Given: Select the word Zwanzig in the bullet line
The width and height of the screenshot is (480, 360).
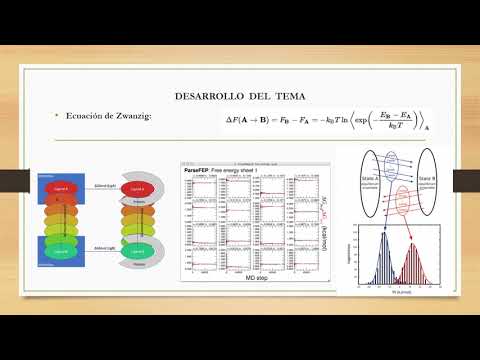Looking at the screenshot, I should (126, 118).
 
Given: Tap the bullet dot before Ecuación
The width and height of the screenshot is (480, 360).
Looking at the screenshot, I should (58, 118).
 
